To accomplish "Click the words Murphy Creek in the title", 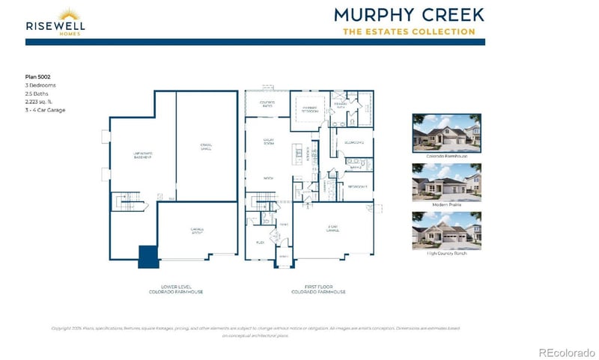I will [x=409, y=14].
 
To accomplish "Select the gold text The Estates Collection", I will [x=409, y=31].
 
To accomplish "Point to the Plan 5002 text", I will [x=37, y=76].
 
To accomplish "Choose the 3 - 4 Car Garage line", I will [x=45, y=109].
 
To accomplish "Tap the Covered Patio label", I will [x=267, y=103].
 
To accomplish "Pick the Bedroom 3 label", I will [x=358, y=186].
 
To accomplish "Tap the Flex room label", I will [x=261, y=242].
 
